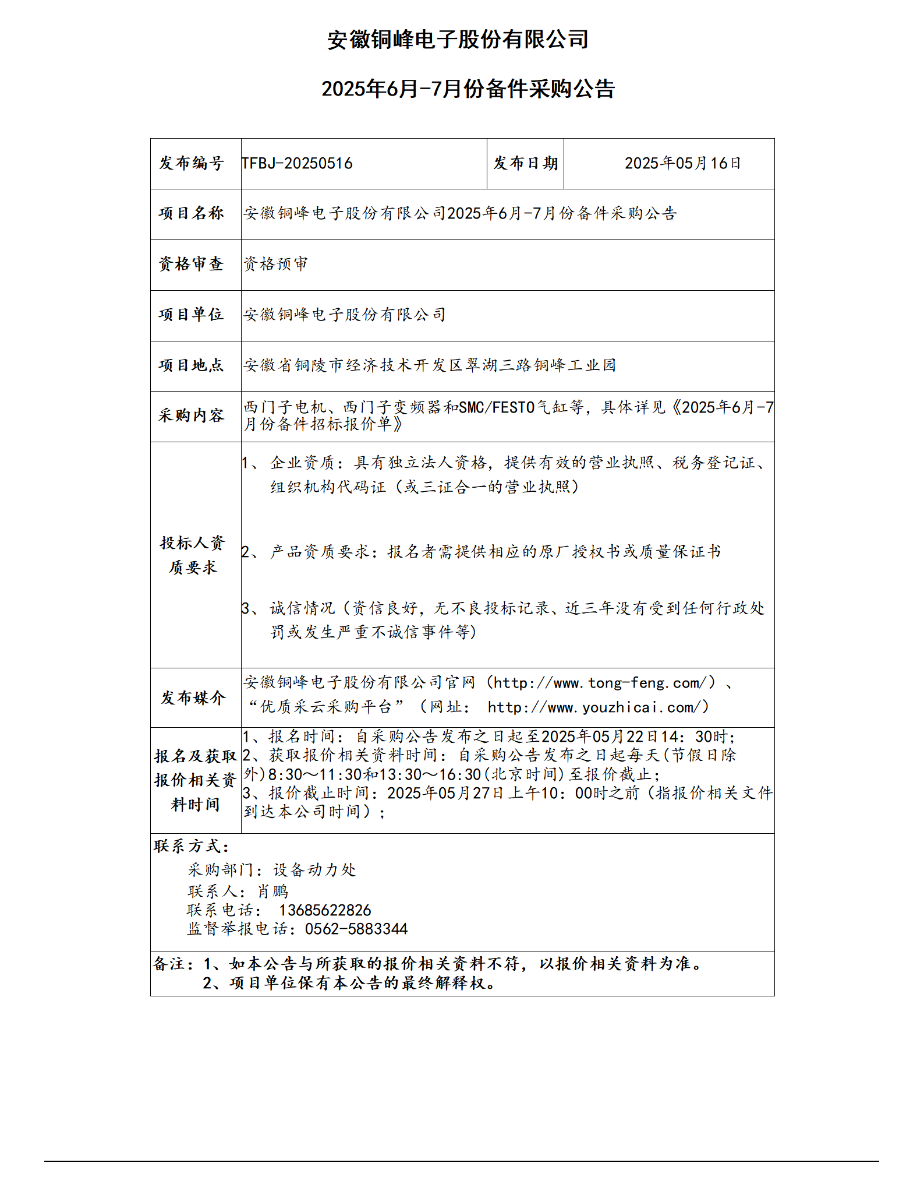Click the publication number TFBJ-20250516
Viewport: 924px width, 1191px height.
[x=297, y=163]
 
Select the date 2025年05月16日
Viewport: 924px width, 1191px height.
[x=682, y=163]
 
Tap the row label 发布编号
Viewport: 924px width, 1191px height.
[x=192, y=163]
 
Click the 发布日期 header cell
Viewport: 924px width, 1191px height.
[x=525, y=163]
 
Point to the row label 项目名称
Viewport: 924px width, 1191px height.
[x=192, y=213]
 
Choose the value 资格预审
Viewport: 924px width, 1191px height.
[x=275, y=264]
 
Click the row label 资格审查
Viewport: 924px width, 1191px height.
[x=192, y=264]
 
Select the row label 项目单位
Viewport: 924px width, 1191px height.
[x=192, y=315]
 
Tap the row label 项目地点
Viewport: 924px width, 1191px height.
[x=192, y=365]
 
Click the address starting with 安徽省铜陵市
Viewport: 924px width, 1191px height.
[x=430, y=365]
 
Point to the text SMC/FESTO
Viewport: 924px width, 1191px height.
[x=497, y=407]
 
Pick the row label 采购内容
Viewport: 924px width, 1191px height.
[x=192, y=415]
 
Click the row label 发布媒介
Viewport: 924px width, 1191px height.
[x=193, y=697]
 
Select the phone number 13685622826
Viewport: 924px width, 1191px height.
[x=325, y=910]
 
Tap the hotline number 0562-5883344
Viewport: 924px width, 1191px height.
[x=356, y=929]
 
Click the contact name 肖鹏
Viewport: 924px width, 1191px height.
[x=273, y=892]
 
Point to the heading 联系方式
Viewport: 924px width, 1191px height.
[x=191, y=846]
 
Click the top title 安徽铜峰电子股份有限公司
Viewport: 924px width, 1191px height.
[x=458, y=40]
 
